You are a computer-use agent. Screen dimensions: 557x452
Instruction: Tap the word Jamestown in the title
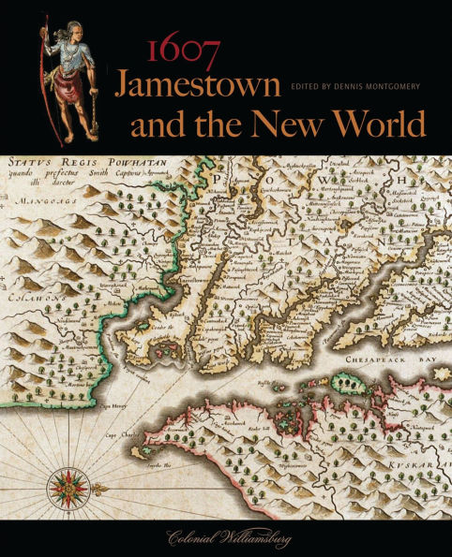[x=197, y=87]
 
